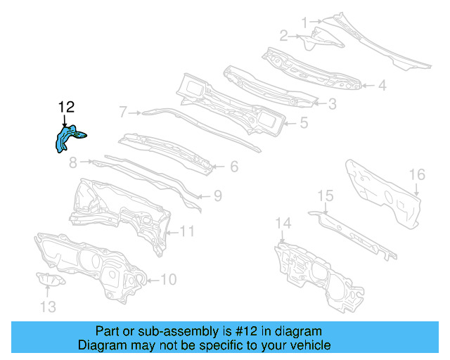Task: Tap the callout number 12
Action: pyautogui.click(x=66, y=107)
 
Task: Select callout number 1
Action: pyautogui.click(x=304, y=22)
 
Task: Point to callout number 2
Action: pyautogui.click(x=283, y=35)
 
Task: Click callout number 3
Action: pyautogui.click(x=331, y=103)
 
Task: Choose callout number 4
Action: pyautogui.click(x=382, y=86)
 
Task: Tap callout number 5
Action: pyautogui.click(x=303, y=122)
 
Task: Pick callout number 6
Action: pyautogui.click(x=233, y=167)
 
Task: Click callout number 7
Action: pyautogui.click(x=123, y=111)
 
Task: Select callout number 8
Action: pyautogui.click(x=72, y=163)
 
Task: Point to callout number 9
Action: pyautogui.click(x=217, y=195)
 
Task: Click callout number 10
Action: pyautogui.click(x=169, y=280)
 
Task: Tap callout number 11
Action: pyautogui.click(x=187, y=231)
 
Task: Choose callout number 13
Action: pyautogui.click(x=47, y=307)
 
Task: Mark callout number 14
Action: pyautogui.click(x=282, y=224)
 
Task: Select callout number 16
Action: pyautogui.click(x=417, y=174)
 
